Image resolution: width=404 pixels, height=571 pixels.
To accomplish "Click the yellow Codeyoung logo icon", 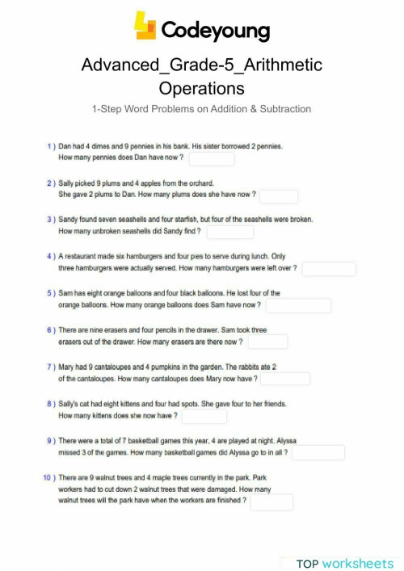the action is tap(145, 27).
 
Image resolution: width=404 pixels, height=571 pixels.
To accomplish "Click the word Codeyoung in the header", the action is tap(216, 31).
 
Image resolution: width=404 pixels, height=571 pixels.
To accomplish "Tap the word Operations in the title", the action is tap(201, 87).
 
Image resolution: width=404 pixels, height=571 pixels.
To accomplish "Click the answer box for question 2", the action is tap(279, 195).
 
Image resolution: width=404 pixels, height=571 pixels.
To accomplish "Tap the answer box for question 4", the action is tap(328, 268).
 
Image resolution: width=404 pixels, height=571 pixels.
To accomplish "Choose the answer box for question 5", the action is tap(298, 305).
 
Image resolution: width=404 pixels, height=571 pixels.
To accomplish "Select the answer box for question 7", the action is tap(284, 379).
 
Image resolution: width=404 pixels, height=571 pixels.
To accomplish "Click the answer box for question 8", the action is tap(204, 416).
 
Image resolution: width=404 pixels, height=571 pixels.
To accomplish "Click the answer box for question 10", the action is tap(271, 502).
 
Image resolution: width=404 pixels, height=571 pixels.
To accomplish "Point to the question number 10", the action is tap(48, 478).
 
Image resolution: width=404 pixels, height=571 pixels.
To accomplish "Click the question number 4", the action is tap(50, 256).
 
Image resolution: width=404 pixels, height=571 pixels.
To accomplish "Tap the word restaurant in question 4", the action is tap(84, 256).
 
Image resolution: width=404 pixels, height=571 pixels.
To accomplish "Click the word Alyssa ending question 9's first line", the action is tap(288, 441).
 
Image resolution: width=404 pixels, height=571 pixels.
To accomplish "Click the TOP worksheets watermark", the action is tap(344, 563).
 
